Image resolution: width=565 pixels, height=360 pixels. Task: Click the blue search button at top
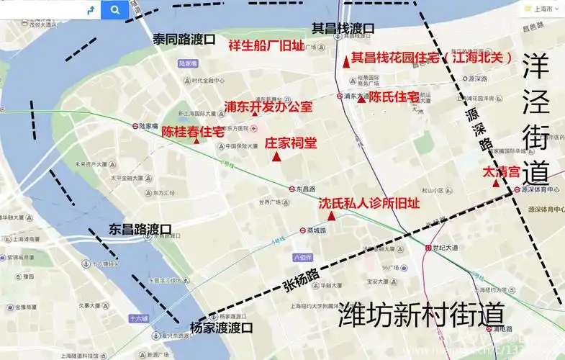(114, 9)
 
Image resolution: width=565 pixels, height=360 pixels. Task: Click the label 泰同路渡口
(184, 40)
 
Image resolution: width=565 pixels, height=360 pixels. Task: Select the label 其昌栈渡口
(343, 28)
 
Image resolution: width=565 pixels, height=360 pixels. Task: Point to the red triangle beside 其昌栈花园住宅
(346, 63)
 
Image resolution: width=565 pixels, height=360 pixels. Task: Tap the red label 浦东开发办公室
(268, 107)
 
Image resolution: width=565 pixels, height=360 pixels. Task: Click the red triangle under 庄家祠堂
(276, 156)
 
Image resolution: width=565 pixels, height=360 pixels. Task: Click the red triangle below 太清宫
(496, 184)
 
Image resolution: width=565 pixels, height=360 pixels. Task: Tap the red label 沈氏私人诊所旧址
(369, 203)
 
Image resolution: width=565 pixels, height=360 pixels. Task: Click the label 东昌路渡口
(140, 230)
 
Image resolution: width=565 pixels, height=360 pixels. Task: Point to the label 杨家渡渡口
(222, 328)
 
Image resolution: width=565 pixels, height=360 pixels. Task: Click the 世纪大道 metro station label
(444, 248)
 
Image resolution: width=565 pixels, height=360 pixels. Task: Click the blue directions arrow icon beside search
(90, 9)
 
